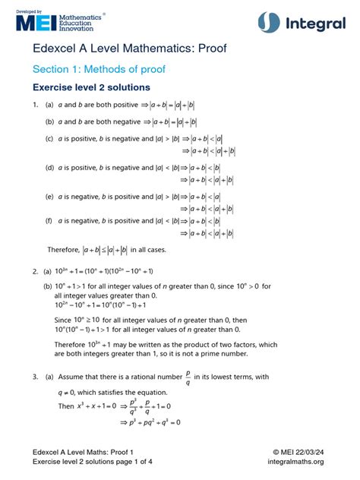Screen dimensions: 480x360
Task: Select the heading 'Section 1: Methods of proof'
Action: [x=99, y=70]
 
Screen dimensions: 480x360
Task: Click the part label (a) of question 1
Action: [x=49, y=105]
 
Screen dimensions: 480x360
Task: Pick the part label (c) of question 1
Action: [x=49, y=139]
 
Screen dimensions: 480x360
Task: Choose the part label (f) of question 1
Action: [x=49, y=221]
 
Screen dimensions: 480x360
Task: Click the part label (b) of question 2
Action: [x=48, y=287]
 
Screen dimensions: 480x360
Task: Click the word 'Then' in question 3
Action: [x=66, y=406]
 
